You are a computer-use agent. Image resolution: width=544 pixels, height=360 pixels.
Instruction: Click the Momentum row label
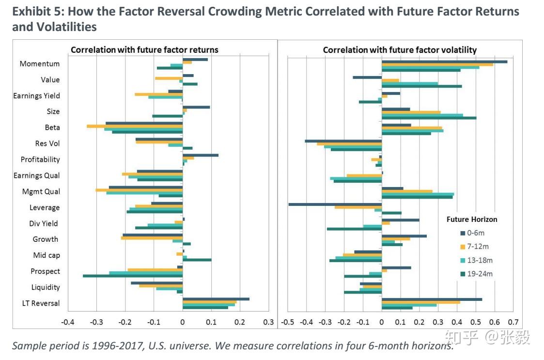[40, 64]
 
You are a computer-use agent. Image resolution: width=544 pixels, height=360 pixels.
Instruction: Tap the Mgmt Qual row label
[41, 191]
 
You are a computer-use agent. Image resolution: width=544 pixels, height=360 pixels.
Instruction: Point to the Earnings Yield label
[36, 96]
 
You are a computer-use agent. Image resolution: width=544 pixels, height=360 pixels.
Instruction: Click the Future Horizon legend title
[471, 219]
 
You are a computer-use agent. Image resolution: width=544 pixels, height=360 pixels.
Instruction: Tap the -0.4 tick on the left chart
[68, 322]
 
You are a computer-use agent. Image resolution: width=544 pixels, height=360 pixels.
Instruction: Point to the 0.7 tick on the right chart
[513, 322]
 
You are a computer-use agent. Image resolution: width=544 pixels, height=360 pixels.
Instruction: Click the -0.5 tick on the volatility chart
[288, 322]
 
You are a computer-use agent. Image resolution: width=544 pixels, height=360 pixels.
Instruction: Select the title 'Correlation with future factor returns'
[144, 50]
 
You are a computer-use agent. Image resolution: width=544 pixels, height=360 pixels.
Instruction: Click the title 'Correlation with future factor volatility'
[400, 50]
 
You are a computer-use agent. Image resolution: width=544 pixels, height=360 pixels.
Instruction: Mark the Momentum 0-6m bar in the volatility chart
[444, 62]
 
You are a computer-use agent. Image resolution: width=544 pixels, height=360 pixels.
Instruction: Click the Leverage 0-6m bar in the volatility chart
[335, 204]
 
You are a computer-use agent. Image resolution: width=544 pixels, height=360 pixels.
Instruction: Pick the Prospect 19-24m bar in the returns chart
[132, 276]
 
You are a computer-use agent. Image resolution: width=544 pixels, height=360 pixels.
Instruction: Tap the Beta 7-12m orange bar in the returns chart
[134, 126]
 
